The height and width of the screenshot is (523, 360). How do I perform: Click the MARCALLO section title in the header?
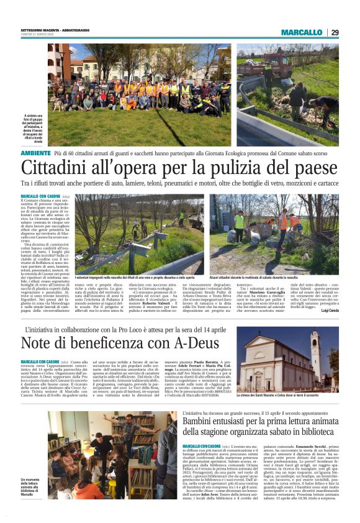pyautogui.click(x=301, y=32)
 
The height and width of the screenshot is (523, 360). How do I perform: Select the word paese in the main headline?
pyautogui.click(x=312, y=168)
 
